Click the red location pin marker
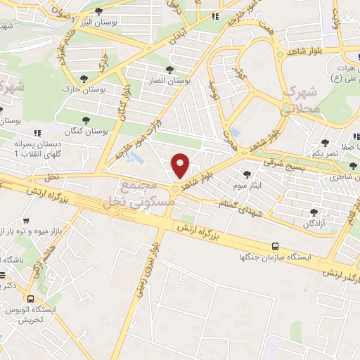click(x=181, y=166)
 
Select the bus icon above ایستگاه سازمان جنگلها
click(x=275, y=247)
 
